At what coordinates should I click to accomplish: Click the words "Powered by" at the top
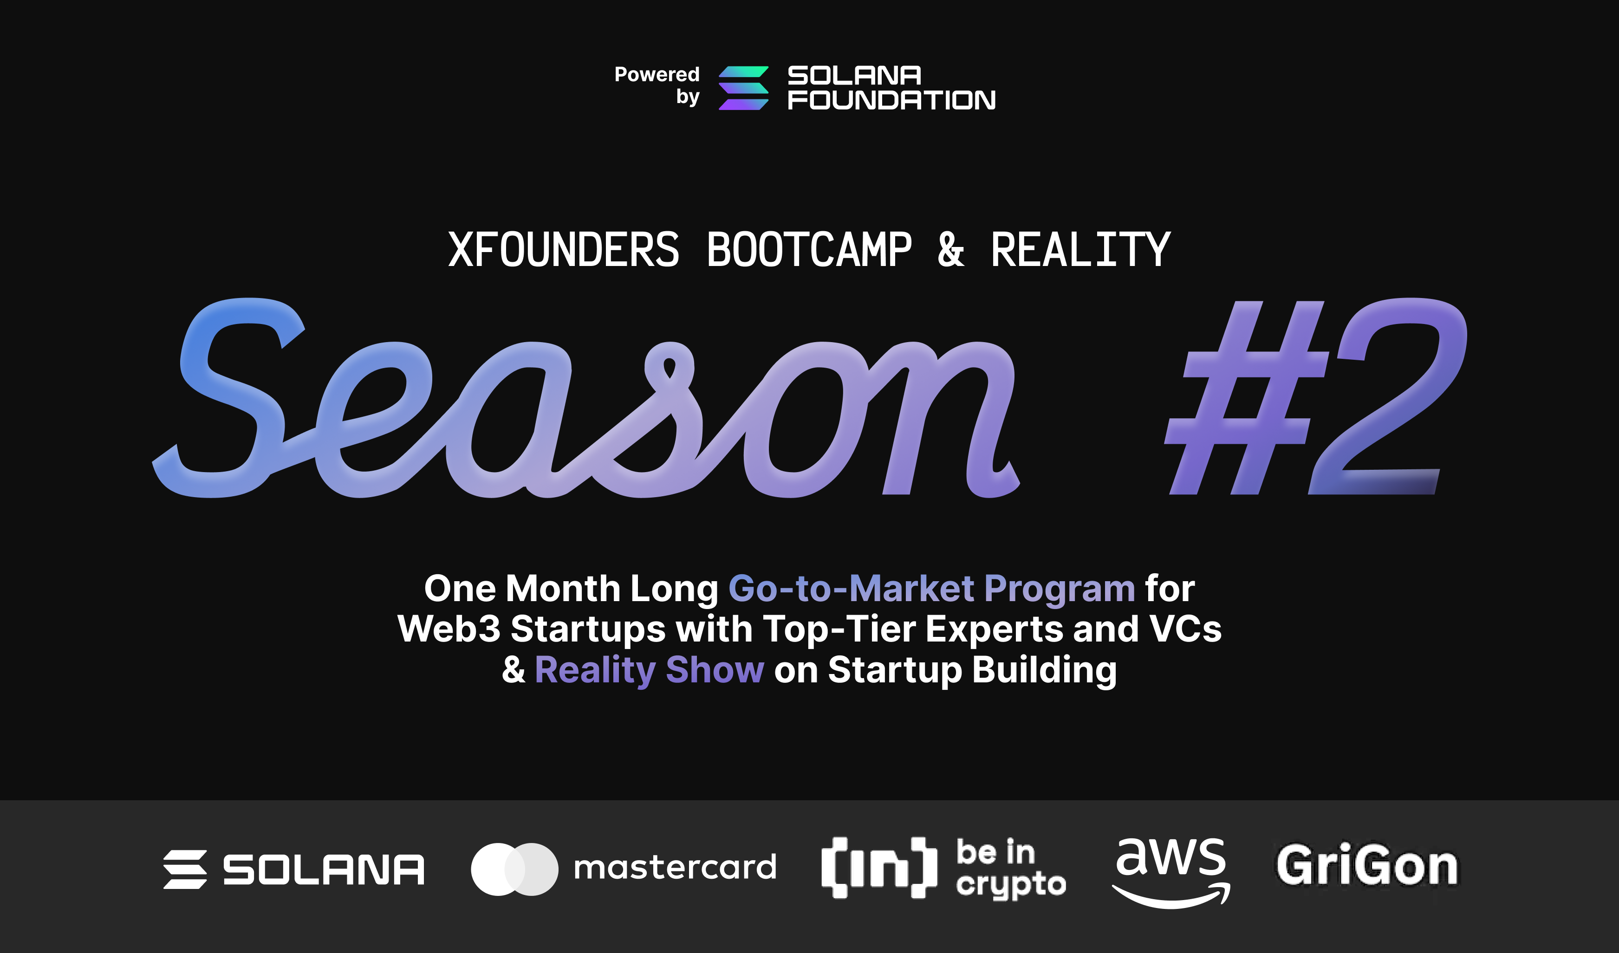(657, 85)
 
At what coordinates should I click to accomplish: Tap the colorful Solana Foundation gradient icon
(743, 88)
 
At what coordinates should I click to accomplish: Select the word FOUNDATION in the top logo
(891, 100)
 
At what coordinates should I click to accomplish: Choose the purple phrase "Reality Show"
(649, 670)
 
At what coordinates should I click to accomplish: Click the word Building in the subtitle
(1045, 670)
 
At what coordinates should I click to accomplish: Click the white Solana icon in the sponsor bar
(185, 869)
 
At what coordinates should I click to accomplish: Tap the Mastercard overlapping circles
(514, 869)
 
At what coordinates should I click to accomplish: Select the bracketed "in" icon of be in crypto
(879, 867)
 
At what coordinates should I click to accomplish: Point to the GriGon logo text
(1366, 866)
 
